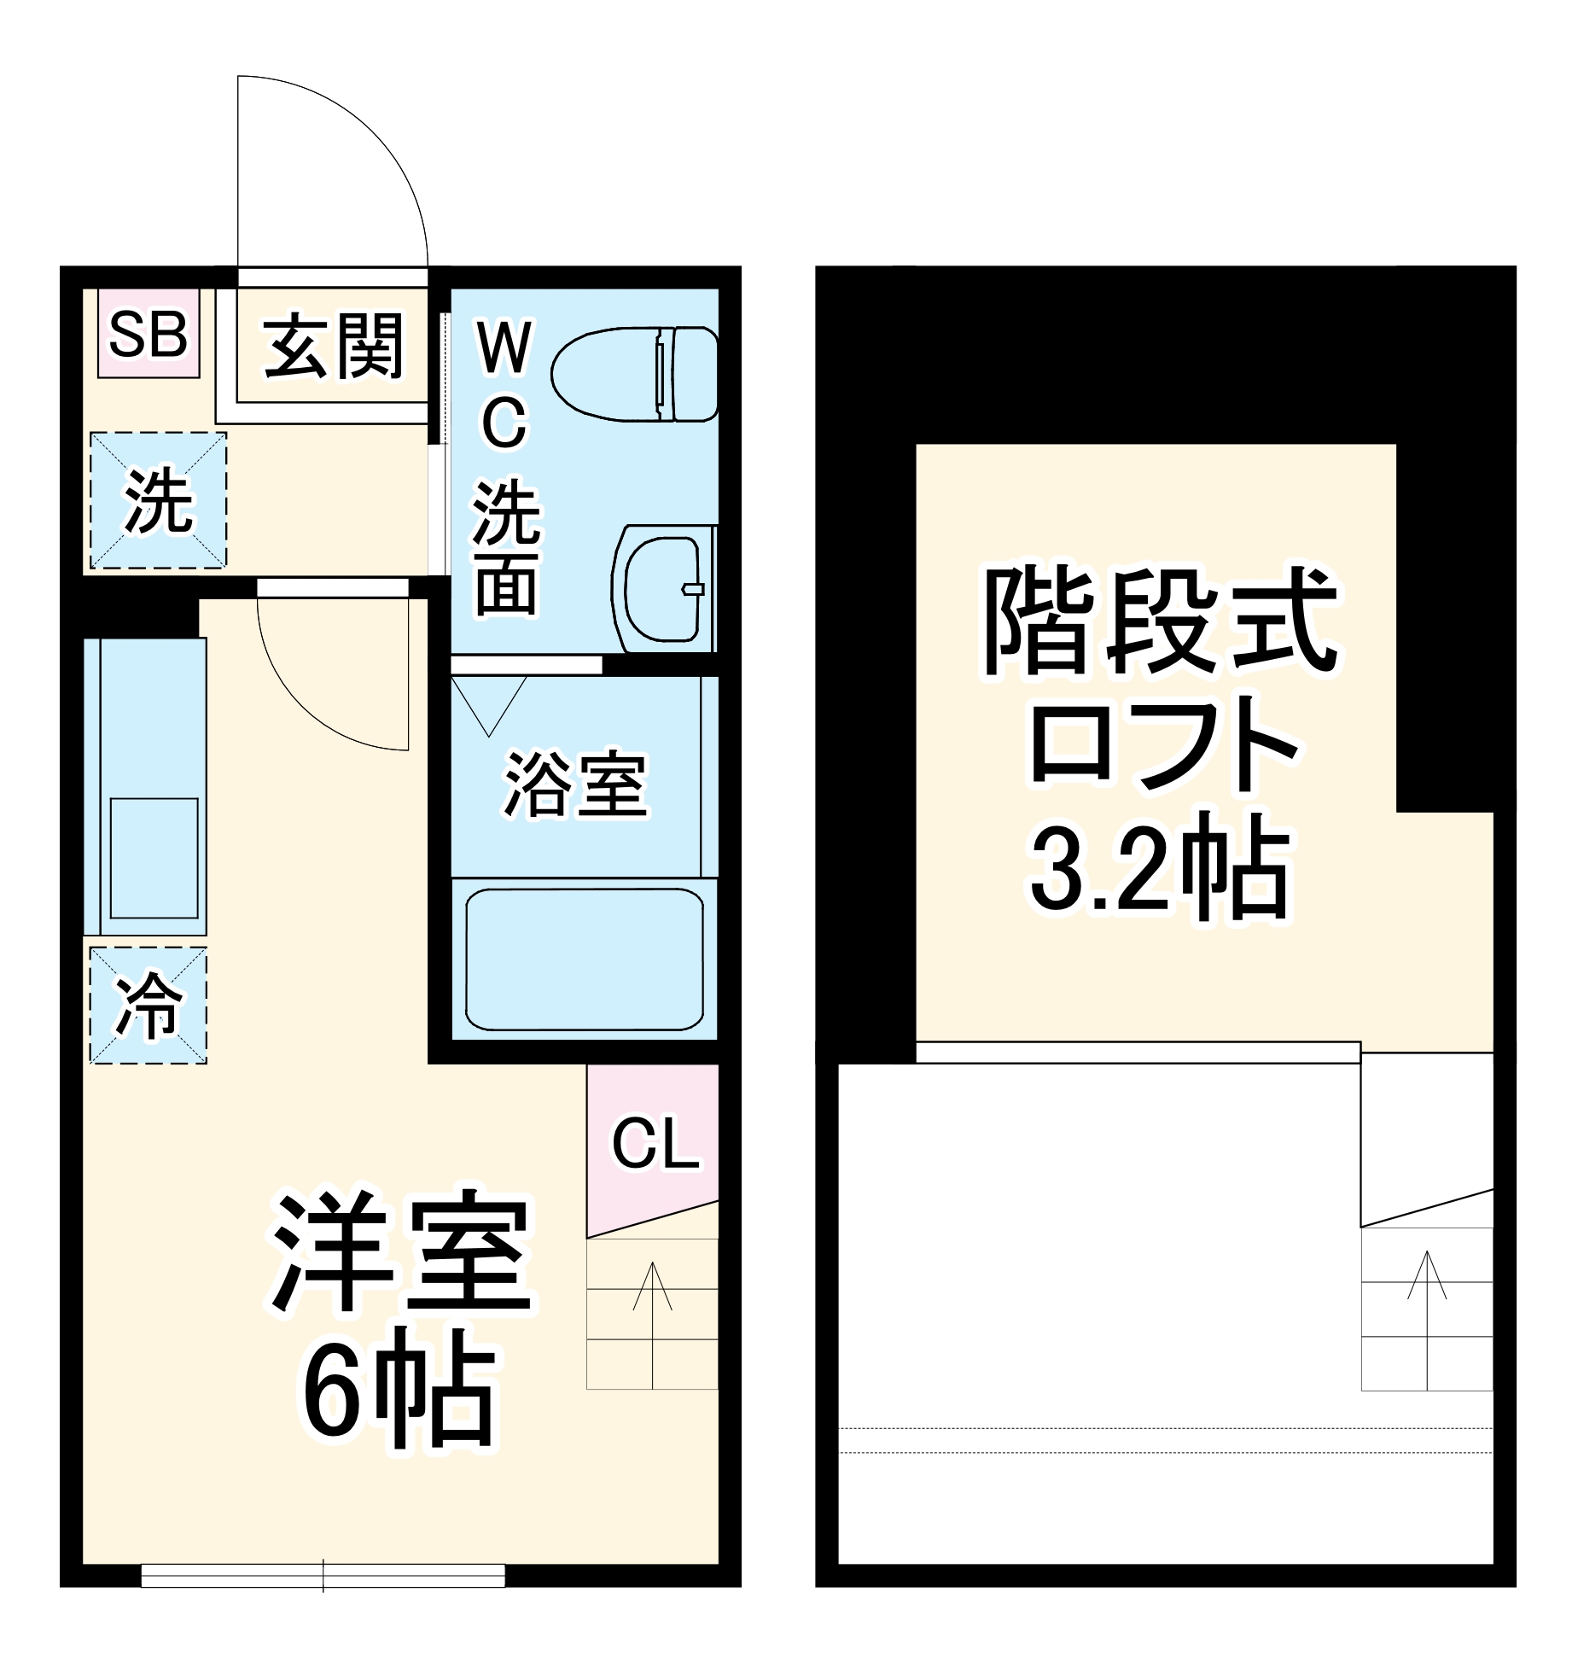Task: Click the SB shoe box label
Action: (148, 335)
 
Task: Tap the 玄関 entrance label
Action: (333, 346)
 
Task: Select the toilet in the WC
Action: (635, 374)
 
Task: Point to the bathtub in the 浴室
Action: (585, 959)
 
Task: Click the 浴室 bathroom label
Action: (575, 784)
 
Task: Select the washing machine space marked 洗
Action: (159, 501)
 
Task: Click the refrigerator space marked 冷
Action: (148, 1005)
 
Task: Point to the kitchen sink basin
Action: (154, 858)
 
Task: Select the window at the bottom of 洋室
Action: (323, 1575)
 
